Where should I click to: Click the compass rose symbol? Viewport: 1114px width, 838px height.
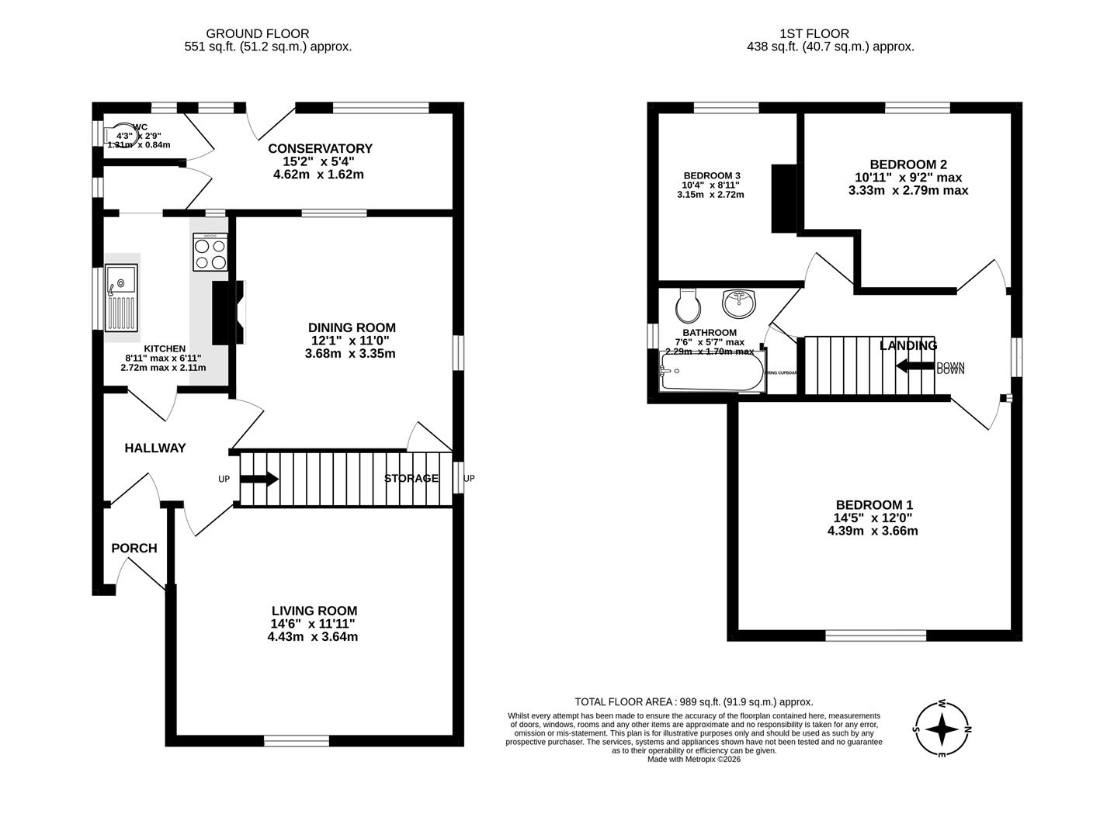pos(942,729)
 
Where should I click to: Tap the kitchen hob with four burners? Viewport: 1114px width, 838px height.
pos(210,252)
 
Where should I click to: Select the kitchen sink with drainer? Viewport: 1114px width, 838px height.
pos(121,297)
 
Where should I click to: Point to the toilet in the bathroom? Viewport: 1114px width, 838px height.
pos(688,306)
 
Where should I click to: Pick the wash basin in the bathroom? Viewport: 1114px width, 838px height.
pos(738,303)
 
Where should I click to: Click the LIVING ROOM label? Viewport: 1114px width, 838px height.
pos(314,611)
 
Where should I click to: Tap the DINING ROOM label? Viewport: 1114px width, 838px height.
pos(352,327)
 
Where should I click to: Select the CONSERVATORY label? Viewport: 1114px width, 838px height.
pos(320,148)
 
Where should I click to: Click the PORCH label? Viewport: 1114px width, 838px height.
pos(134,548)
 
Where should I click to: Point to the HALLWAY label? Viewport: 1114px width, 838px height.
pos(155,448)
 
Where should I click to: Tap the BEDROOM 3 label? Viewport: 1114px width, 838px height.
pos(712,175)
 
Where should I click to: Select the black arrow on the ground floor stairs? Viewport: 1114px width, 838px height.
pos(259,479)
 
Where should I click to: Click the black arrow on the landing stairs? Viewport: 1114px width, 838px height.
pos(914,365)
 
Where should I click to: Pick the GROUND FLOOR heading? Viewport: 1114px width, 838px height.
pos(257,33)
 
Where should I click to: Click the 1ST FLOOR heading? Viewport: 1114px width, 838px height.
pos(814,33)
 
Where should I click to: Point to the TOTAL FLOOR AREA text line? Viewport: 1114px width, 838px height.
pos(693,701)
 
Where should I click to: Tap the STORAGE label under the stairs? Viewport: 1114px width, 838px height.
pos(411,478)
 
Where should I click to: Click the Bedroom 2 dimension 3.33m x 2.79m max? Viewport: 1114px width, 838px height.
pos(908,190)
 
